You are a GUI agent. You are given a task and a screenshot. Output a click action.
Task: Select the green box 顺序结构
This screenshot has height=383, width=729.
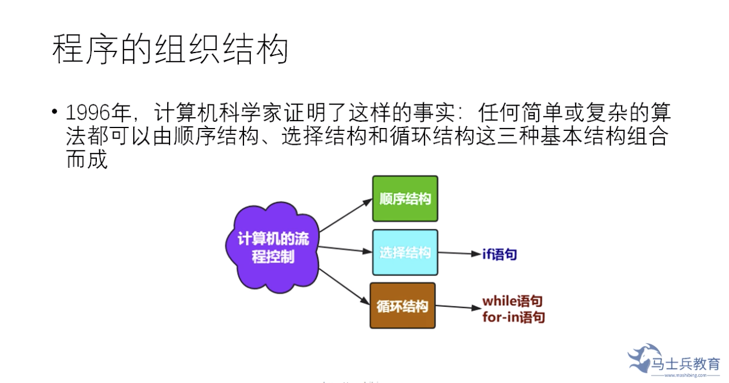(x=405, y=199)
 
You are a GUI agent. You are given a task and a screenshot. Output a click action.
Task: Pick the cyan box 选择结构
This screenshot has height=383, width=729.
(x=405, y=252)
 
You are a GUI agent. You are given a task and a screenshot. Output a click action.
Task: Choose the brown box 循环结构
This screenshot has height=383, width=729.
(x=403, y=306)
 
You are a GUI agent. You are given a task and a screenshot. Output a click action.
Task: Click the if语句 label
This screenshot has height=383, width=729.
(x=499, y=254)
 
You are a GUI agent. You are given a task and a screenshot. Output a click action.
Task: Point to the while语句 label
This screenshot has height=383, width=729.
(x=512, y=301)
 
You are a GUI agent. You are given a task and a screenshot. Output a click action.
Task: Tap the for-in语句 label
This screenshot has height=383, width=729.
(x=513, y=317)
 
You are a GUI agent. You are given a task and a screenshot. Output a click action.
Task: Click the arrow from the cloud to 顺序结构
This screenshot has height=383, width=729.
(x=346, y=215)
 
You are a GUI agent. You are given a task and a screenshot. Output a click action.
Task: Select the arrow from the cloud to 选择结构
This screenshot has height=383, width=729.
(x=345, y=249)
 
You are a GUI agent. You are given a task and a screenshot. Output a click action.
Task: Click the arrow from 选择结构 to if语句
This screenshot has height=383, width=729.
(x=459, y=253)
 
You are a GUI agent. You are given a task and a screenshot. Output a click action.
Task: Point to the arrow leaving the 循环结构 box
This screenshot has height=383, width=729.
(x=458, y=307)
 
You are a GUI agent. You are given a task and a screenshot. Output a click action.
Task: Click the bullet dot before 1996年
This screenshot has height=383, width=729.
(x=55, y=111)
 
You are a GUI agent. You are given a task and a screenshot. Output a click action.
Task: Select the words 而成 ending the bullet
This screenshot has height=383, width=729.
(x=87, y=160)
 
